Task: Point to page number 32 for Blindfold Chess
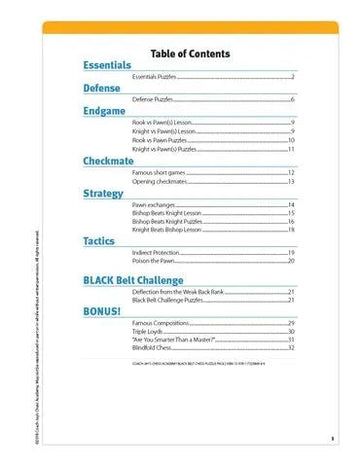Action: coord(291,349)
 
